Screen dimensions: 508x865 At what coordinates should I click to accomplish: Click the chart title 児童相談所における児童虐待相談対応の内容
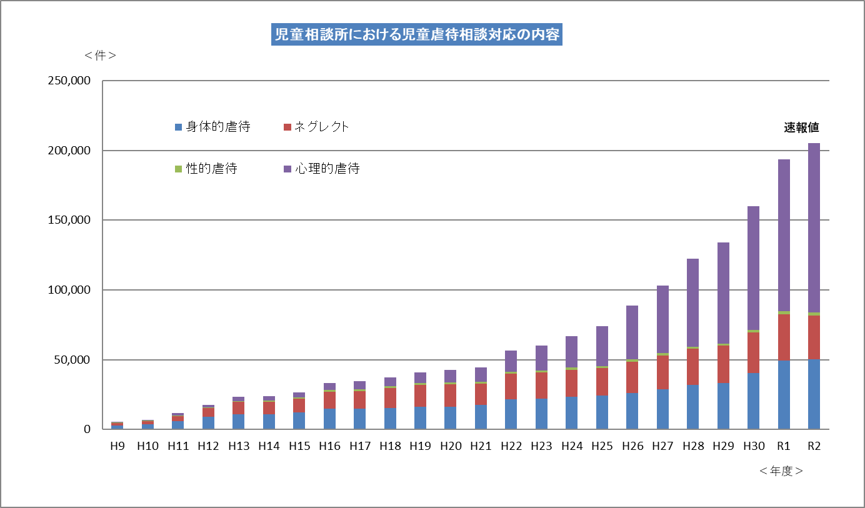click(x=417, y=35)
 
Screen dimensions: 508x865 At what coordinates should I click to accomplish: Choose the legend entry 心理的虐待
click(x=328, y=169)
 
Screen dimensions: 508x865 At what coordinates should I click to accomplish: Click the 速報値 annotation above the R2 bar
click(x=801, y=127)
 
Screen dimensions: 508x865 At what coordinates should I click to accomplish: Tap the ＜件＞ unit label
click(x=101, y=55)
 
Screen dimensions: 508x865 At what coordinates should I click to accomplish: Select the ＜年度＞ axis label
click(x=781, y=471)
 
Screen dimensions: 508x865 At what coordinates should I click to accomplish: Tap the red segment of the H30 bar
click(x=753, y=353)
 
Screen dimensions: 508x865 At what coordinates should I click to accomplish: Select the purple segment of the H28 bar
click(x=692, y=303)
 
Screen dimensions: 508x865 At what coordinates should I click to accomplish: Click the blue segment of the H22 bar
click(x=511, y=414)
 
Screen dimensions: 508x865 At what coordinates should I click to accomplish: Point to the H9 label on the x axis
click(x=117, y=446)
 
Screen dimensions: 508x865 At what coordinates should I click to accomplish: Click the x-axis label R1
click(x=784, y=446)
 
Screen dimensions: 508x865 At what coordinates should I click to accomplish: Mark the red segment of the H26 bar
click(x=632, y=377)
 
